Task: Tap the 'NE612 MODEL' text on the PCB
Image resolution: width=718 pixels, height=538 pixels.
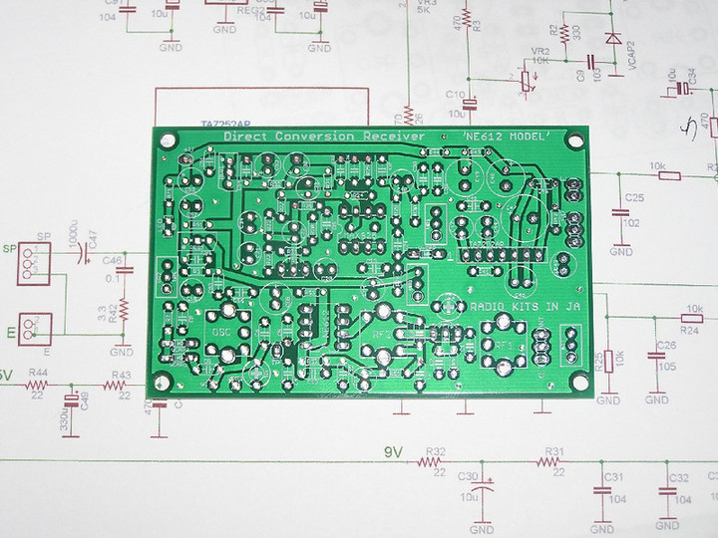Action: (509, 136)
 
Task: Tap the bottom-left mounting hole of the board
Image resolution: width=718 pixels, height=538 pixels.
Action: (159, 384)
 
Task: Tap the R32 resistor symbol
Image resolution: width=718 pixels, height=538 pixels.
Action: (435, 463)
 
